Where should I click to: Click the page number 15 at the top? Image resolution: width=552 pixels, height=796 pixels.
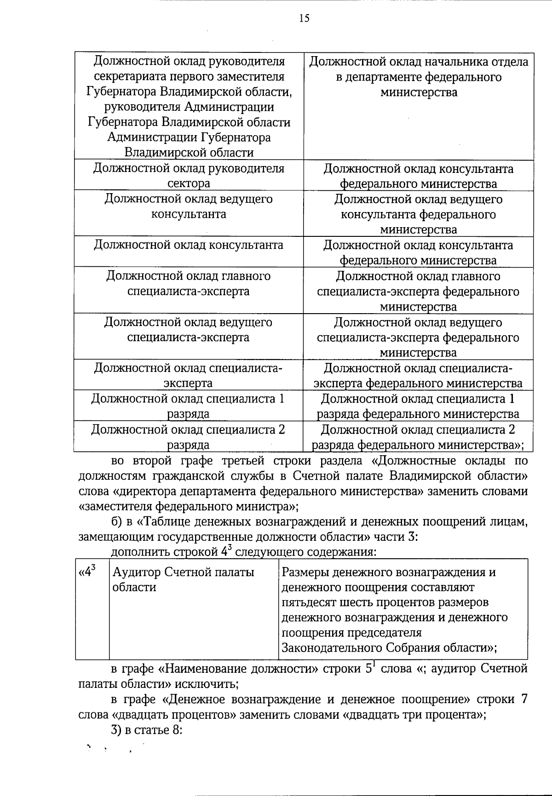point(304,18)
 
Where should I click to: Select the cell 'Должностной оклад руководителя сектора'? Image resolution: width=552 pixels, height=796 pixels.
point(189,175)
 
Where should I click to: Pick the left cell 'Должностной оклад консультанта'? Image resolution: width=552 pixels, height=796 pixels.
point(189,245)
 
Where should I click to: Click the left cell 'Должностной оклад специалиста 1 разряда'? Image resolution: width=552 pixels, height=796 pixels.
point(189,406)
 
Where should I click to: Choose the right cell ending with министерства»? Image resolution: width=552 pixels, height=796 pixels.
point(419,437)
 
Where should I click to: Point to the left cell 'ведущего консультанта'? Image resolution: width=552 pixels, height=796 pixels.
point(189,206)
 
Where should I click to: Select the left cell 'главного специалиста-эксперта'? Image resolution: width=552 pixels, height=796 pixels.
point(189,283)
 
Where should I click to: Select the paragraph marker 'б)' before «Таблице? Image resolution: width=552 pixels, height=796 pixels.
point(117,522)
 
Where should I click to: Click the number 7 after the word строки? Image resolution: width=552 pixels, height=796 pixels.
point(523,699)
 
